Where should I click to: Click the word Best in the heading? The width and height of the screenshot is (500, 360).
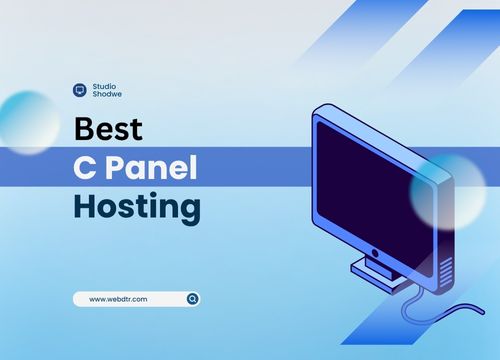pyautogui.click(x=109, y=130)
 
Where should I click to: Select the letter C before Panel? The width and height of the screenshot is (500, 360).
pyautogui.click(x=86, y=169)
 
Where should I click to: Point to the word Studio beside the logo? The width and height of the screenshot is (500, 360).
pyautogui.click(x=104, y=85)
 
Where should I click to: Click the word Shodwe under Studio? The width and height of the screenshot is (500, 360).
pyautogui.click(x=106, y=95)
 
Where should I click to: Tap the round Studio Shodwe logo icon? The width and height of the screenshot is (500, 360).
pyautogui.click(x=80, y=90)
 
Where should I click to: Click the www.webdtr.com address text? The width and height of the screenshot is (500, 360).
pyautogui.click(x=119, y=298)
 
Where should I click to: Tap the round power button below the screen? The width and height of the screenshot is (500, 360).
pyautogui.click(x=375, y=252)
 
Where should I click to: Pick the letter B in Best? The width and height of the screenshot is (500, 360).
pyautogui.click(x=85, y=130)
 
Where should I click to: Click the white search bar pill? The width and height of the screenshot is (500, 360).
pyautogui.click(x=136, y=298)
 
